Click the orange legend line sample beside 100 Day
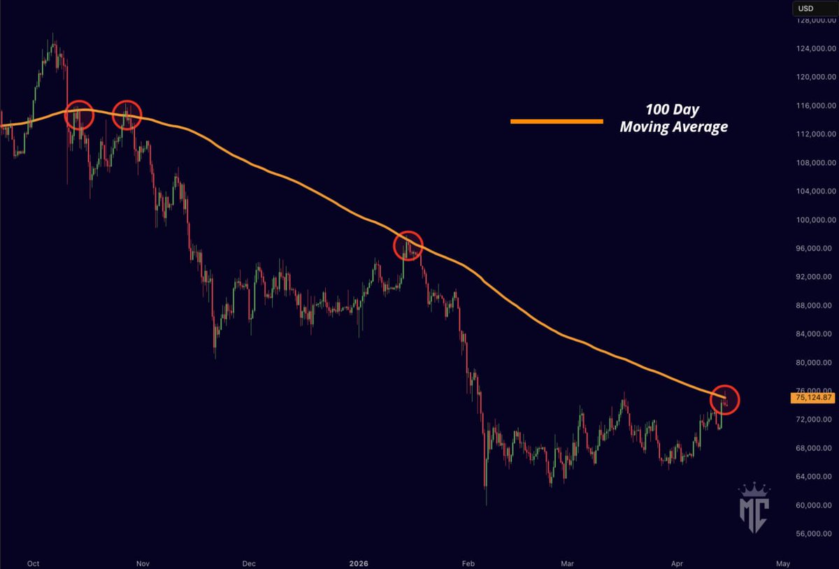(x=557, y=121)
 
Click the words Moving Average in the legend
(x=673, y=127)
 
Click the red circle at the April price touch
(x=724, y=399)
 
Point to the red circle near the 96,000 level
(x=408, y=246)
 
